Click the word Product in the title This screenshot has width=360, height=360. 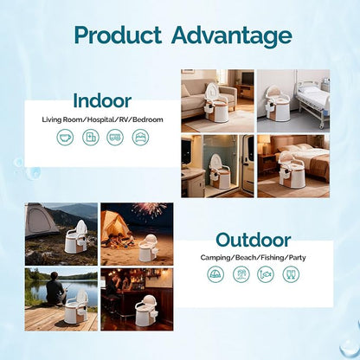coord(118,35)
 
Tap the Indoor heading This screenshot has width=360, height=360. coord(102,100)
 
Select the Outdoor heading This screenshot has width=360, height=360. coord(253,241)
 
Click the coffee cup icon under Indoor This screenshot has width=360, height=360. coord(65,137)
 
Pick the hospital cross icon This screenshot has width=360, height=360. coord(91,137)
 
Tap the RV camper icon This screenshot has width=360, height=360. coord(115,137)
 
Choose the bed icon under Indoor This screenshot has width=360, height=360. coord(140,137)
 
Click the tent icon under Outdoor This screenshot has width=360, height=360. coord(215,274)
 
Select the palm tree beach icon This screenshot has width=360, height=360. coord(241,274)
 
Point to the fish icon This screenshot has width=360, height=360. coord(266,274)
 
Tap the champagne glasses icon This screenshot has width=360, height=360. coord(291,274)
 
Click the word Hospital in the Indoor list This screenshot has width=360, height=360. coord(100,119)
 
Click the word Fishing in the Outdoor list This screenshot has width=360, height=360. coord(273,257)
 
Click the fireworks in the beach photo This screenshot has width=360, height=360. coord(150,209)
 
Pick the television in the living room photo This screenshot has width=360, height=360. coord(247,78)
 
